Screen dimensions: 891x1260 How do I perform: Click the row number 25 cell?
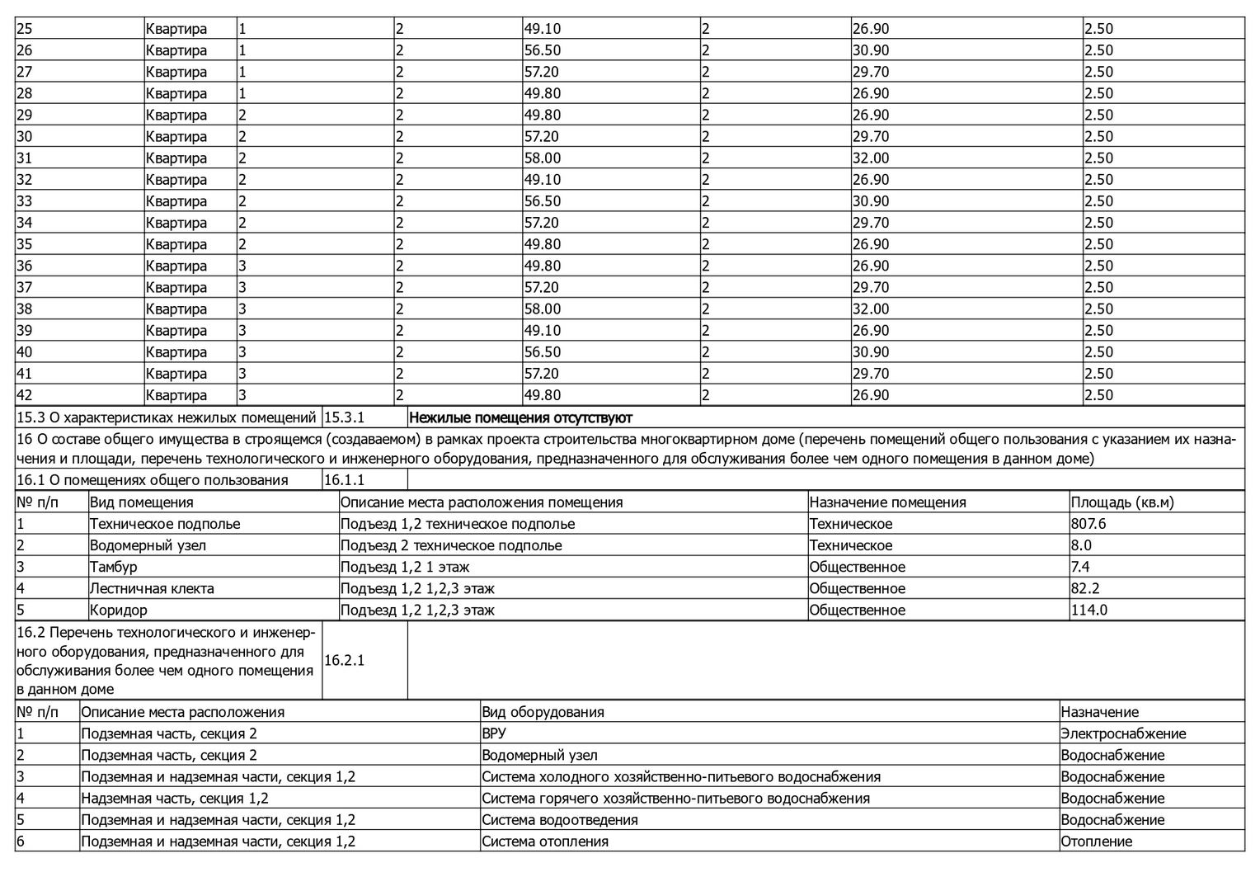(25, 29)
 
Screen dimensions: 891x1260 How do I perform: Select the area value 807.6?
(1088, 524)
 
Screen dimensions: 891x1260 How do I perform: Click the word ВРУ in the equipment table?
(494, 733)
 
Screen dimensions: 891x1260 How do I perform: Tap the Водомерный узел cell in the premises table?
(148, 545)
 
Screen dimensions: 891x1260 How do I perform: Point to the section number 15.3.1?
(345, 417)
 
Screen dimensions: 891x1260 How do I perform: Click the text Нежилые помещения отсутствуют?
(520, 417)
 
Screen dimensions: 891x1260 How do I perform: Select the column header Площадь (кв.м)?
(1121, 502)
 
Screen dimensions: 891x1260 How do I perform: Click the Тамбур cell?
(113, 567)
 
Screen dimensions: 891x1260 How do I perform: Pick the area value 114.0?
(1088, 610)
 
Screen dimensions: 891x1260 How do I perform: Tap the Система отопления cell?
(545, 841)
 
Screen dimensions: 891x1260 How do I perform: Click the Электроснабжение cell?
(1123, 733)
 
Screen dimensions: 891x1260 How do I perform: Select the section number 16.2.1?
(345, 660)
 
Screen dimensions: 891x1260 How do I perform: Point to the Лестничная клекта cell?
(152, 588)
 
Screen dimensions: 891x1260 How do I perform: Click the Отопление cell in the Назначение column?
(1096, 841)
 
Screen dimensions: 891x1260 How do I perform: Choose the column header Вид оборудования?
(543, 712)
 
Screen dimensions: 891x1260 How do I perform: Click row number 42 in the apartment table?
(25, 395)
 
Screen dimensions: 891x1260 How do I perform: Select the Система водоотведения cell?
(560, 820)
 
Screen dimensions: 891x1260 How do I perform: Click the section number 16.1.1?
(345, 480)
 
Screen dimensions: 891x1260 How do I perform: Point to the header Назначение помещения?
(887, 502)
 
